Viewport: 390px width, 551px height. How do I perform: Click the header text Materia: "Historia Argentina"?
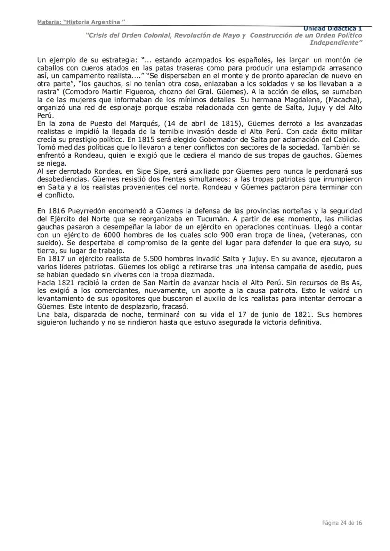(x=81, y=22)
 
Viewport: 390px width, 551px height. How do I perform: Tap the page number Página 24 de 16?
(x=341, y=523)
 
